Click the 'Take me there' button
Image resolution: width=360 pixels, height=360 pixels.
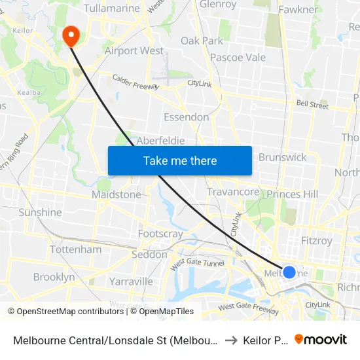[x=180, y=160]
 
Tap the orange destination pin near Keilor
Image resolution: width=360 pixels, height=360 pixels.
[x=70, y=35]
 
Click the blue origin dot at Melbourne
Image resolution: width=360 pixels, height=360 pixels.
[x=289, y=272]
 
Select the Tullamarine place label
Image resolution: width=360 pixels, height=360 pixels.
[x=112, y=9]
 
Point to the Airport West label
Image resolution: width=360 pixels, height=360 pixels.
[x=134, y=50]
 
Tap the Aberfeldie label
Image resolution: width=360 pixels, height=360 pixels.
[x=160, y=141]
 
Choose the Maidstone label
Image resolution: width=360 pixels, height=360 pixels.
[x=116, y=194]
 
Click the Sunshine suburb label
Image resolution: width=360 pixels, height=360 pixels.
[x=40, y=212]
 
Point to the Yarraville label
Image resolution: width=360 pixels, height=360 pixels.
[x=131, y=281]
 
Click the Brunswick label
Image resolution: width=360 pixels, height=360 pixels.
[x=282, y=157]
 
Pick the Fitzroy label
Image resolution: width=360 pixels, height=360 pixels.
[x=317, y=240]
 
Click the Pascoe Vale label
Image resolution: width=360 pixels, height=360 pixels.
[x=237, y=58]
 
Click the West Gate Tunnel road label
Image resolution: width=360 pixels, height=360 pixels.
[x=197, y=264]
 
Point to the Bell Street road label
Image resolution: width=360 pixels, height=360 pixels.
[x=312, y=104]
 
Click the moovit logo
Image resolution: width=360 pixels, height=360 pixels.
[x=321, y=339]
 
